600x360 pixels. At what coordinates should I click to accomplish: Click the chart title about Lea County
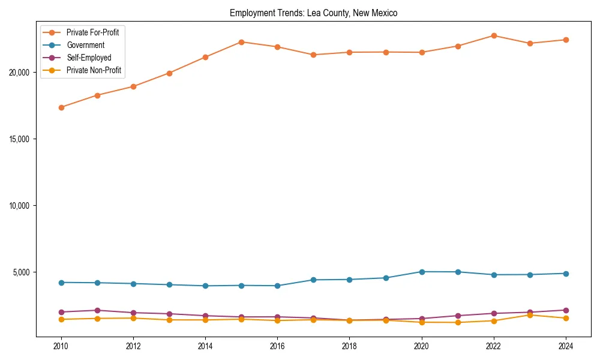coord(313,13)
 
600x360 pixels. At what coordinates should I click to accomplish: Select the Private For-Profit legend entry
coord(92,32)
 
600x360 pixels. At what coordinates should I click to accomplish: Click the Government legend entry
coord(85,45)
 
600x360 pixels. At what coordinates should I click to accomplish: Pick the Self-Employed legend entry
coord(89,58)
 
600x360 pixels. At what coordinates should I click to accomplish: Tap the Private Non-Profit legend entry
coord(94,70)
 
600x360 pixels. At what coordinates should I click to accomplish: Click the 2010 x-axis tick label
coord(61,346)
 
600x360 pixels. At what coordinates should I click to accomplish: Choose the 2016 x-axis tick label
coord(277,346)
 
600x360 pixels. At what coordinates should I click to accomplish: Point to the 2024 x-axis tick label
coord(566,346)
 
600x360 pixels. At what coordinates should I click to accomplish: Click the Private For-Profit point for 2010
coord(61,107)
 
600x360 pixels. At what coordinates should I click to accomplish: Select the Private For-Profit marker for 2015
coord(241,42)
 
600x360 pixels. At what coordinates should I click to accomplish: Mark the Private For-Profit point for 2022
coord(494,35)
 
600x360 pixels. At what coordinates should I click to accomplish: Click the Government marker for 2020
coord(422,272)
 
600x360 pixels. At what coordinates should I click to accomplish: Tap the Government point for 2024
coord(566,274)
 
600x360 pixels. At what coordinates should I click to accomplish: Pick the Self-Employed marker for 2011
coord(97,310)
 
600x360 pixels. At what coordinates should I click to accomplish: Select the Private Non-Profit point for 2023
coord(530,315)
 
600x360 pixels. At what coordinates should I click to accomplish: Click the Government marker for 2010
coord(61,282)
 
